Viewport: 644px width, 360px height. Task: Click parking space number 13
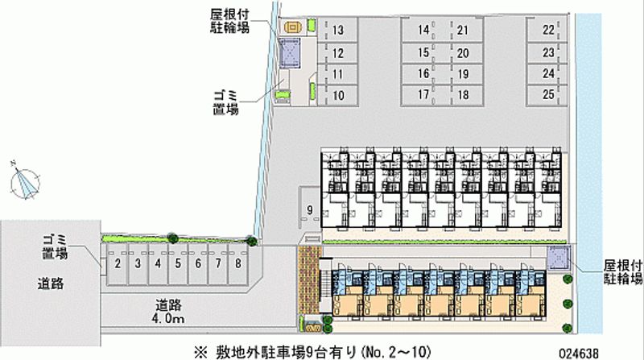point(338,31)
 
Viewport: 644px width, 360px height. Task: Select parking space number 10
point(338,95)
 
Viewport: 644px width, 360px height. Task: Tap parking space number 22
point(548,31)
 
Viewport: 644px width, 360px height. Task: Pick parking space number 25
point(548,95)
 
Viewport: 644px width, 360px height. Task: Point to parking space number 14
point(423,31)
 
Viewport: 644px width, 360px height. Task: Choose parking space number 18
point(463,95)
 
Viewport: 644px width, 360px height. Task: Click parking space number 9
point(308,211)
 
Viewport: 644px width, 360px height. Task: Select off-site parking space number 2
point(118,263)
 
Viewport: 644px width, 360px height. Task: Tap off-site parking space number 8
point(238,263)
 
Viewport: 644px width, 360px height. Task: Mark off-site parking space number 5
point(178,263)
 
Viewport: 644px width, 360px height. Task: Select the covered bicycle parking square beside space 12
point(290,54)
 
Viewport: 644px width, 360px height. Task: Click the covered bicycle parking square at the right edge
point(559,259)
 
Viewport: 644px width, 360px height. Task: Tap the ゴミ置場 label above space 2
point(55,247)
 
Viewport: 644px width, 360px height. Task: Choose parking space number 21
point(463,31)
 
